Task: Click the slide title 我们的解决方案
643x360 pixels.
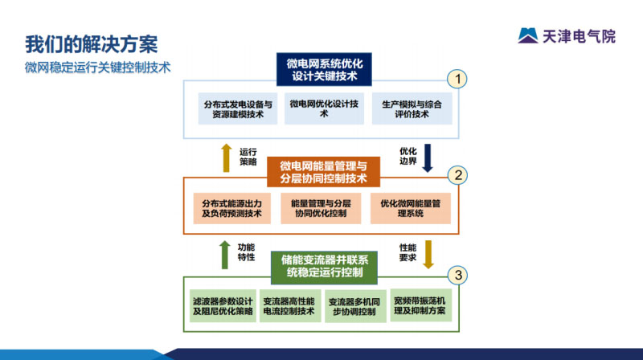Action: (91, 43)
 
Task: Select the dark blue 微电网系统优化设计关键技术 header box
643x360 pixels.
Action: (324, 70)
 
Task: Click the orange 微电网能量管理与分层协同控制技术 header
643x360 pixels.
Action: (323, 172)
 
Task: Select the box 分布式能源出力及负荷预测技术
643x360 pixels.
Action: (232, 208)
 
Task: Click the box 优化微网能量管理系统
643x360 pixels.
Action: (416, 208)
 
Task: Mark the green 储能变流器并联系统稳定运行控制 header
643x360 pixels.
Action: (324, 266)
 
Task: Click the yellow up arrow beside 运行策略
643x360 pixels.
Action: (226, 157)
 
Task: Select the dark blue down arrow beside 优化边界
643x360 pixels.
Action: (428, 157)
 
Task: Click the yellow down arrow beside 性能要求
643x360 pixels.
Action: (428, 253)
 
